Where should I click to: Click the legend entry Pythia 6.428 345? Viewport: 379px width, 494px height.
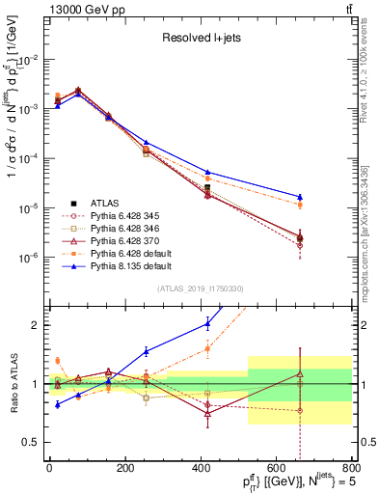click(125, 216)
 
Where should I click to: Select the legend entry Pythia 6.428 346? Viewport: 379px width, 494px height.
click(125, 230)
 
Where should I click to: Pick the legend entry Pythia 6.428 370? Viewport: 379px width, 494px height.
click(125, 243)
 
